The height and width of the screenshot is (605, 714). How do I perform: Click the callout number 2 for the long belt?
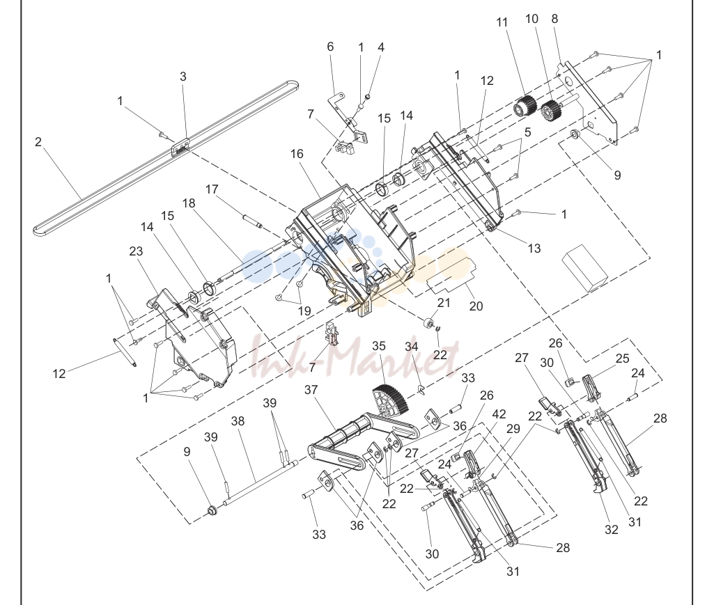[x=38, y=142]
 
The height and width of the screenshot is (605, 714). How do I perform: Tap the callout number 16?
[x=297, y=154]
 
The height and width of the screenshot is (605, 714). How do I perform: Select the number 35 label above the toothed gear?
[x=379, y=346]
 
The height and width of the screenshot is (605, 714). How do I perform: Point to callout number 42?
[x=499, y=414]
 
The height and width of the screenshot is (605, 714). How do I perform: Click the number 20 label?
[x=476, y=306]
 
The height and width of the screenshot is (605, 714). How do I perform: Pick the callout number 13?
[x=534, y=248]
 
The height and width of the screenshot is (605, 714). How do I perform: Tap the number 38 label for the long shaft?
[x=238, y=421]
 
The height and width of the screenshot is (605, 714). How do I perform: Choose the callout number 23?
[x=136, y=251]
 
